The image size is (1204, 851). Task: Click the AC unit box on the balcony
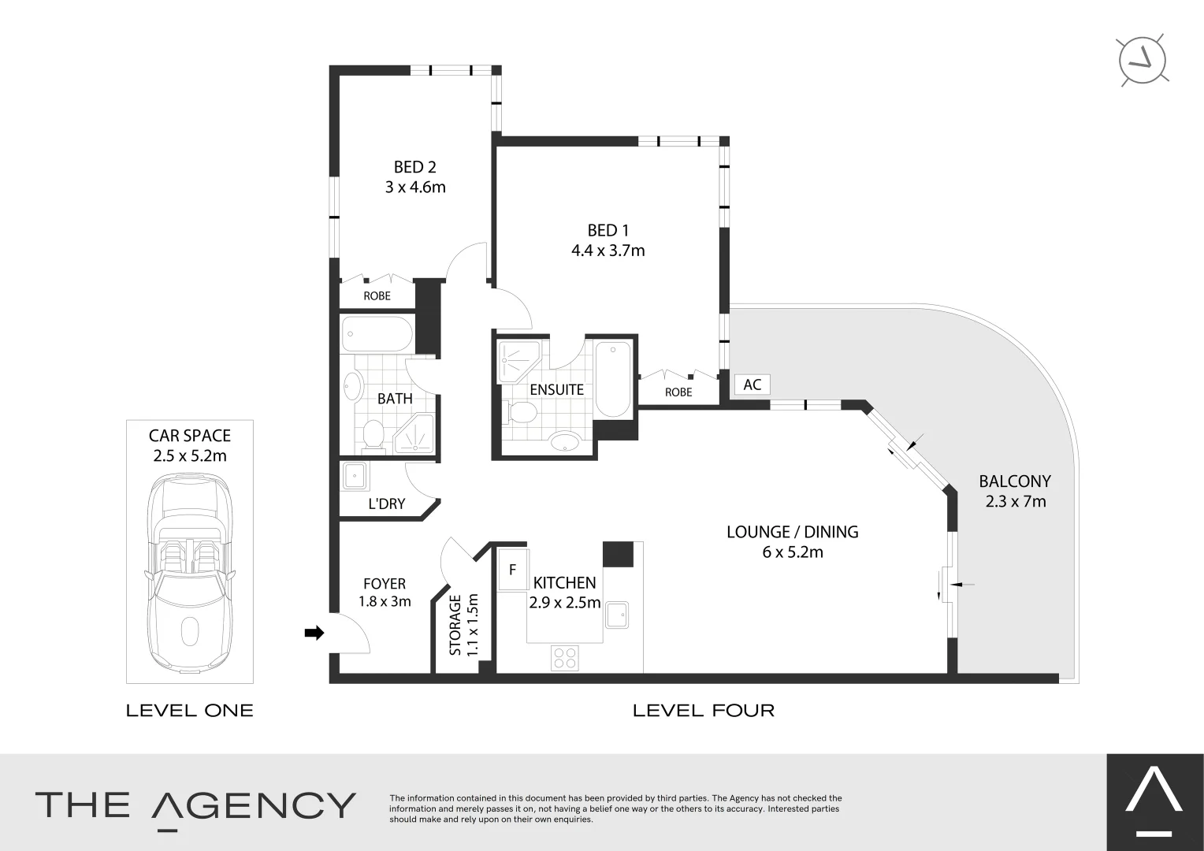tap(752, 385)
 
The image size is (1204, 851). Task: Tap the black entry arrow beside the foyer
tap(314, 633)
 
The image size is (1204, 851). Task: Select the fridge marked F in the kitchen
tap(512, 570)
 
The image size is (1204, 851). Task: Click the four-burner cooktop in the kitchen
tap(564, 658)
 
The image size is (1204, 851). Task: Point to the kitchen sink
tap(616, 615)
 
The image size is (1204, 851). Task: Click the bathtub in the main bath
tap(377, 335)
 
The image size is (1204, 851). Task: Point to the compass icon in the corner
tap(1143, 60)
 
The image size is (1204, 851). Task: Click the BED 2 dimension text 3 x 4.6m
tap(415, 188)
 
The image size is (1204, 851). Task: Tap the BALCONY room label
tap(1015, 481)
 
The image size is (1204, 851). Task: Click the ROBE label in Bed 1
tap(678, 392)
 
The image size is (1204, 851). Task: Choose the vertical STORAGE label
tap(455, 625)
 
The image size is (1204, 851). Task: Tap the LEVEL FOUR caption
tap(704, 711)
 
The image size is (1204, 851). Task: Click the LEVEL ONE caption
tap(190, 711)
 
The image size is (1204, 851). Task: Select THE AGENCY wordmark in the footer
tap(195, 805)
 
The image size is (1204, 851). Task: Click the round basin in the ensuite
tap(565, 441)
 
